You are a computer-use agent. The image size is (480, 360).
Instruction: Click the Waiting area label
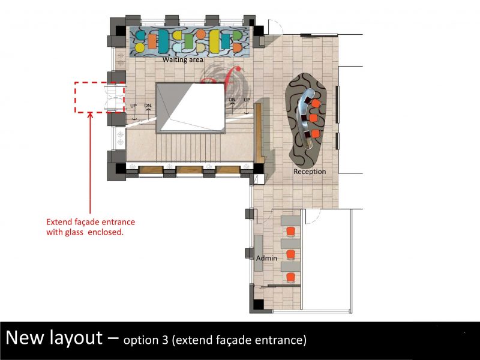[183, 59]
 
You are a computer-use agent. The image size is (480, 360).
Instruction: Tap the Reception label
[310, 172]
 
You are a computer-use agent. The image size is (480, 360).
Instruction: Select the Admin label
[266, 258]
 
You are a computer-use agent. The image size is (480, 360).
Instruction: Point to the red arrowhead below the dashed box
[90, 115]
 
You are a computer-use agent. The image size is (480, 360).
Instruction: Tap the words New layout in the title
[54, 338]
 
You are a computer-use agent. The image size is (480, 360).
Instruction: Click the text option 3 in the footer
[146, 340]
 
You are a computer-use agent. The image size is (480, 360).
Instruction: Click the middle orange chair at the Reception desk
[313, 118]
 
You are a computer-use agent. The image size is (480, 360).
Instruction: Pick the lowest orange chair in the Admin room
[290, 277]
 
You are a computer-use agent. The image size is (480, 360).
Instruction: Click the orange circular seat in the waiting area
[201, 34]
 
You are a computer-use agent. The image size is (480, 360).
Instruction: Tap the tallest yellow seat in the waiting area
[214, 41]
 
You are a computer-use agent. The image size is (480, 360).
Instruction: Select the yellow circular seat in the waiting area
[140, 47]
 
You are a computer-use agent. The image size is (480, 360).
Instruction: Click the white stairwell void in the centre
[191, 107]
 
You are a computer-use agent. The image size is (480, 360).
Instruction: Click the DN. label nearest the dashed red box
[148, 106]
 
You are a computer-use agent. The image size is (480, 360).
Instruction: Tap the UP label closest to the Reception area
[247, 100]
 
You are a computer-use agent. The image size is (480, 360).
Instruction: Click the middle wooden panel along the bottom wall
[189, 170]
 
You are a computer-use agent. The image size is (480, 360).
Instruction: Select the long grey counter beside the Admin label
[259, 253]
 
